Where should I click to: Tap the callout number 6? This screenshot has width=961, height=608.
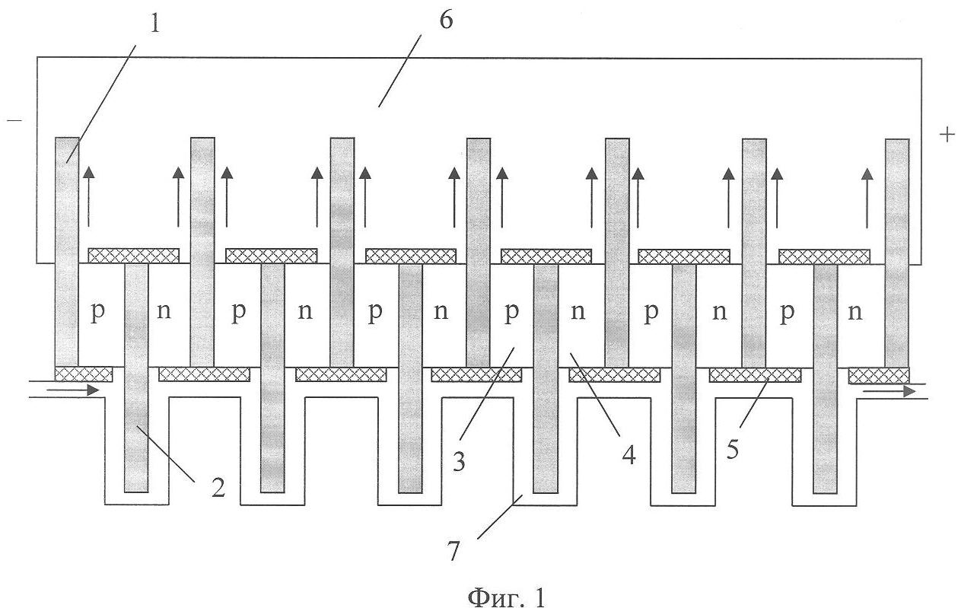pos(446,21)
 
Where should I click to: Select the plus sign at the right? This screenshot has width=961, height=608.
pos(947,135)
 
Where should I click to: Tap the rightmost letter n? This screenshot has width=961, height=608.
pos(856,313)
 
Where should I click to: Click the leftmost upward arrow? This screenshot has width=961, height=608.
pos(89,196)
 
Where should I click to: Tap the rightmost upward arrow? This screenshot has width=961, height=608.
pos(867,198)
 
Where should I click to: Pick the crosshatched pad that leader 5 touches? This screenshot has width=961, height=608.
pos(755,374)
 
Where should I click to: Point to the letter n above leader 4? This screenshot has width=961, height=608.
pos(580,314)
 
